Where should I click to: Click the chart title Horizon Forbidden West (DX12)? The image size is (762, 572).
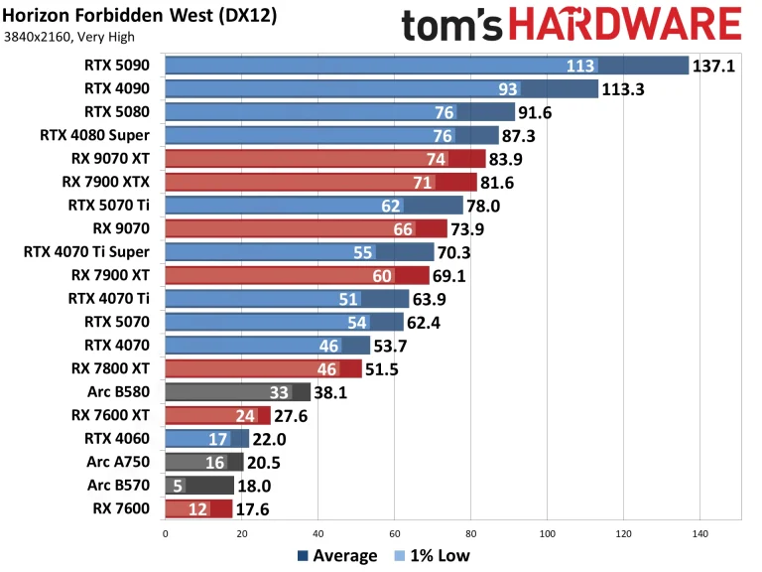point(140,16)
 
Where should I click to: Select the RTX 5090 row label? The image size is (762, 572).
point(121,66)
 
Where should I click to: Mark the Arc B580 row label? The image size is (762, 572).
point(123,391)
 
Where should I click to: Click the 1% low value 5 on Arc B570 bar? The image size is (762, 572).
point(177,485)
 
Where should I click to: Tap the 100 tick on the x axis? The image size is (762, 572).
point(547,533)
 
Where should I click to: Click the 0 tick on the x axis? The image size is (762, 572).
point(165,533)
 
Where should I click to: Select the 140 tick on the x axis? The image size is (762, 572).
point(699,533)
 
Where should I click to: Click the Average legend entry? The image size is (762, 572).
point(337,556)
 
